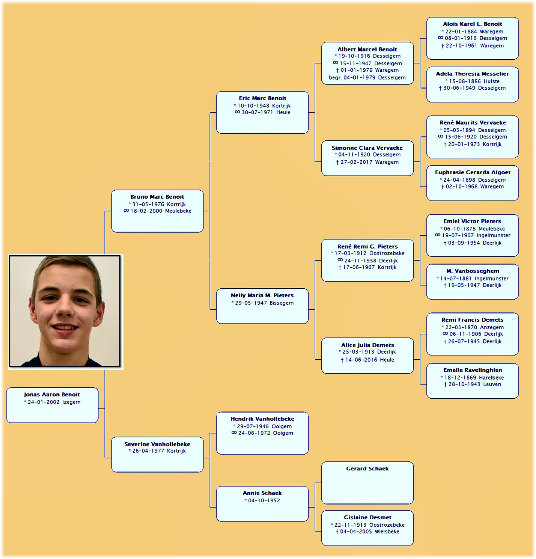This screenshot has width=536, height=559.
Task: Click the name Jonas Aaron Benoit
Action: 52,395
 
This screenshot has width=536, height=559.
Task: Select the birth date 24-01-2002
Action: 44,402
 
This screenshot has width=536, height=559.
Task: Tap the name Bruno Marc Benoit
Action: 157,197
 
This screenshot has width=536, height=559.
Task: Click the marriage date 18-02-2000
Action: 146,211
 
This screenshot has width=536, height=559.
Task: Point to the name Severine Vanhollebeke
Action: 157,444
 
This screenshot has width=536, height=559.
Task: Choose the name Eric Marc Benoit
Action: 262,98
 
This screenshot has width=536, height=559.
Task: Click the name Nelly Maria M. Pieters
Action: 262,295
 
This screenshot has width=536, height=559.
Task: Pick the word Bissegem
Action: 282,303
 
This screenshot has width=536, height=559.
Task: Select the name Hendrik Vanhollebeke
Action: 262,419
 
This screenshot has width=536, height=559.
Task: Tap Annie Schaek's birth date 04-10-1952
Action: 264,500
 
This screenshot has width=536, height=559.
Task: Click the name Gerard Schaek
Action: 367,469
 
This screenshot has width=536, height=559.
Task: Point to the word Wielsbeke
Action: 387,532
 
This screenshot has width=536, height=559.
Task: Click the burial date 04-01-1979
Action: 359,78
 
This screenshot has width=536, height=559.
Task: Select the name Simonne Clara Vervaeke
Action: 367,148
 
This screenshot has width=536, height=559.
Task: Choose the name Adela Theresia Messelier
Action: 473,74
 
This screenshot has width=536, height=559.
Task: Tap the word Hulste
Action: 492,81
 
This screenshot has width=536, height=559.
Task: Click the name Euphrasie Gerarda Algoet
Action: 473,172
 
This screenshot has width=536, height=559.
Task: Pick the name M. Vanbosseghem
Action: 473,271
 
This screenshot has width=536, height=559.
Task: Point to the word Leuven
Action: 492,384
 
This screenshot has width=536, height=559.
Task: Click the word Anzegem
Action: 492,327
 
